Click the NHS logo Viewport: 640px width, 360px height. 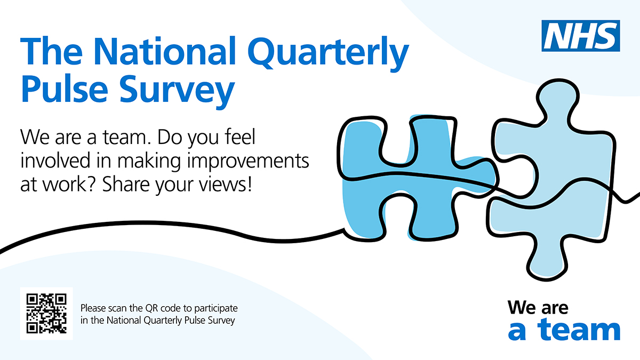[581, 36]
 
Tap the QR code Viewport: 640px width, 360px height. [46, 314]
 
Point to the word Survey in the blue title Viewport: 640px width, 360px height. [177, 91]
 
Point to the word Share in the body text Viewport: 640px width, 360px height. [126, 185]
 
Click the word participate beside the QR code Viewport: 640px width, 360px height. [216, 309]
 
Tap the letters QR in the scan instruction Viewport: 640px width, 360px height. [151, 309]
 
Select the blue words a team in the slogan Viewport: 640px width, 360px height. [564, 330]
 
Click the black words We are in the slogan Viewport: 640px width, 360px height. [538, 308]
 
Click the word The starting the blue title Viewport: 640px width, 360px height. [51, 51]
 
